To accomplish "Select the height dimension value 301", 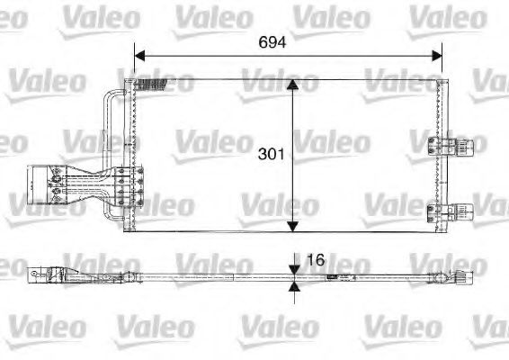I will [x=271, y=154].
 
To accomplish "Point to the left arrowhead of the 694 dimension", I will [x=139, y=56].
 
